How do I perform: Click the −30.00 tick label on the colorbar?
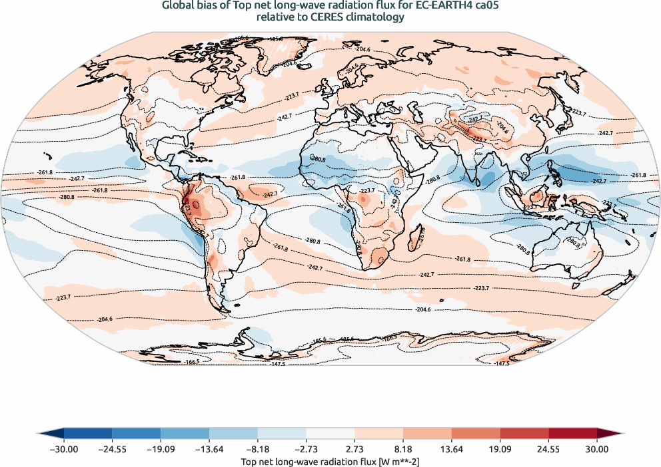pyautogui.click(x=64, y=449)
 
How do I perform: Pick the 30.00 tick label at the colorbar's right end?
pyautogui.click(x=597, y=449)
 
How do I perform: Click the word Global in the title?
pyautogui.click(x=179, y=6)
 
